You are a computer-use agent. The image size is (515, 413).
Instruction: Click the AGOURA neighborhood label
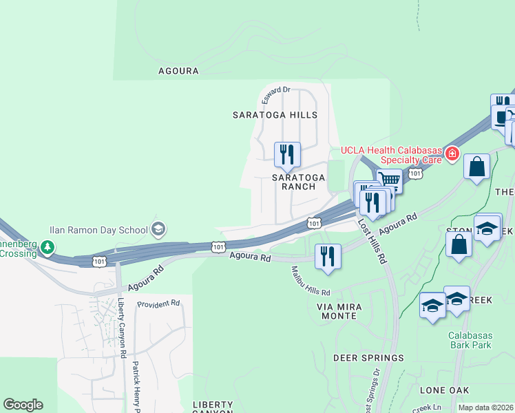[x=178, y=71]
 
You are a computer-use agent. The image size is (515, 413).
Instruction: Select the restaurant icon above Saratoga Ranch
[x=287, y=154]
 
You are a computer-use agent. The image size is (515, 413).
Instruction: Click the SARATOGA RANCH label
[x=298, y=182]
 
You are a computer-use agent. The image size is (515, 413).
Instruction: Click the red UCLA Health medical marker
[x=452, y=153]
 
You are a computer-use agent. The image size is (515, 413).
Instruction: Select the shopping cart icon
[x=390, y=181]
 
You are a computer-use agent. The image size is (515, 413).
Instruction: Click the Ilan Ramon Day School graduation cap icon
[x=158, y=230]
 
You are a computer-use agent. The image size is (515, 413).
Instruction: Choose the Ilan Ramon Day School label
[x=98, y=231]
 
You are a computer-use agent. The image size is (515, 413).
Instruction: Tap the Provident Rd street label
[x=158, y=304]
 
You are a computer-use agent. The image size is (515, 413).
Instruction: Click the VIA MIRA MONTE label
[x=337, y=310]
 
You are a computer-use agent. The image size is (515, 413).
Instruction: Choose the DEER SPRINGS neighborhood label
[x=368, y=358]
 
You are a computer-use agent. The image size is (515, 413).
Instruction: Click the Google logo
[x=23, y=405]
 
